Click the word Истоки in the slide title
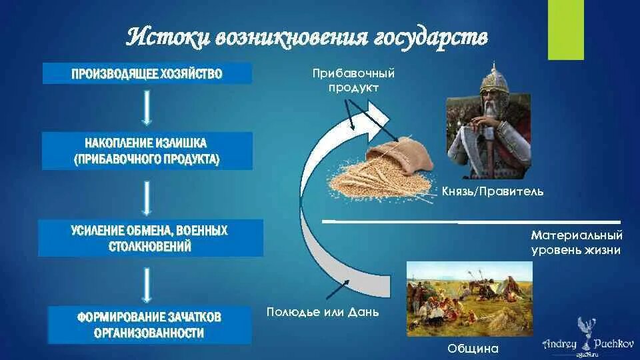pyautogui.click(x=166, y=37)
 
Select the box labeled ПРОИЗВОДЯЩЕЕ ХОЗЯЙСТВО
pyautogui.click(x=147, y=73)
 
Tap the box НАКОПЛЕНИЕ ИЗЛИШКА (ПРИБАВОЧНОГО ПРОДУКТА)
pyautogui.click(x=147, y=151)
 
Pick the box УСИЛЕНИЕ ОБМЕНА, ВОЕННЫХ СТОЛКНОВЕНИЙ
pyautogui.click(x=150, y=238)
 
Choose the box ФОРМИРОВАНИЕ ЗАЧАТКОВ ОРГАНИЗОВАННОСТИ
pyautogui.click(x=149, y=324)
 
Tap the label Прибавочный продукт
pyautogui.click(x=354, y=80)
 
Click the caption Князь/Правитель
pyautogui.click(x=493, y=192)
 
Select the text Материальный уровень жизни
pyautogui.click(x=577, y=243)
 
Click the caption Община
pyautogui.click(x=473, y=349)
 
